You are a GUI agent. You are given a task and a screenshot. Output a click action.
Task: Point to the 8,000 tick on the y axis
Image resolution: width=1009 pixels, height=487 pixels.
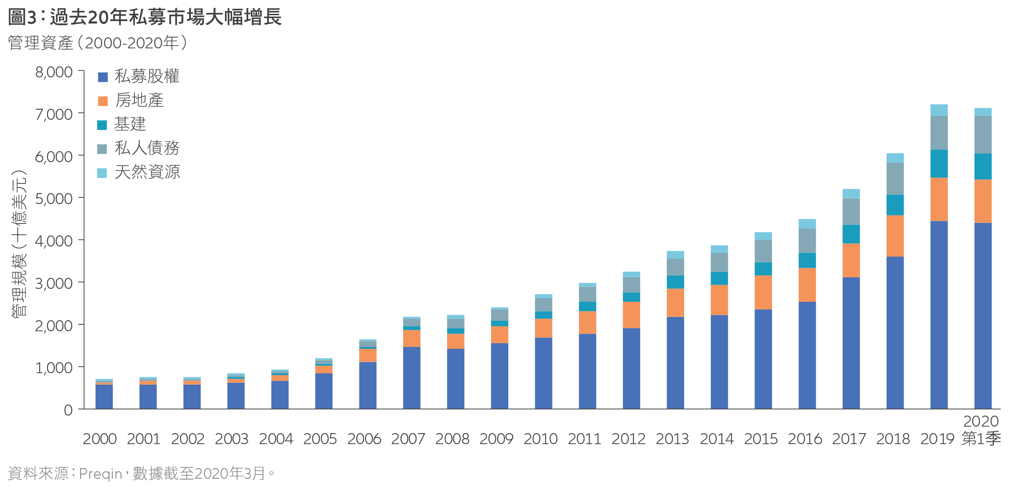pyautogui.click(x=54, y=72)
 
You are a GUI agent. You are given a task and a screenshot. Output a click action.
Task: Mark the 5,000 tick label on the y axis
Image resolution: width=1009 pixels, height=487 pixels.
pyautogui.click(x=54, y=199)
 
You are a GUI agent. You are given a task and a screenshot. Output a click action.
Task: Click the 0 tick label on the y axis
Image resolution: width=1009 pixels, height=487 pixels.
pyautogui.click(x=68, y=410)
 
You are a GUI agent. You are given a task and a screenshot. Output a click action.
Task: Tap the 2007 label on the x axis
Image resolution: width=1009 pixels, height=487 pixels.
pyautogui.click(x=408, y=439)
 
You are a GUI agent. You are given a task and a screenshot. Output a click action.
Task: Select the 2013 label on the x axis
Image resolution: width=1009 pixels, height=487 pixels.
pyautogui.click(x=673, y=439)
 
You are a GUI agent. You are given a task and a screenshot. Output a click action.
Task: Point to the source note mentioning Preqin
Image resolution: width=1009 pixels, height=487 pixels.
pyautogui.click(x=141, y=474)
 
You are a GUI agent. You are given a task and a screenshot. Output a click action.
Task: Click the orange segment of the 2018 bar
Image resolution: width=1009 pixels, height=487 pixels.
pyautogui.click(x=895, y=236)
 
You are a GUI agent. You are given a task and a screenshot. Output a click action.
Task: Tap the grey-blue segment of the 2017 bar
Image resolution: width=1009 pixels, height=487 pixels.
pyautogui.click(x=851, y=211)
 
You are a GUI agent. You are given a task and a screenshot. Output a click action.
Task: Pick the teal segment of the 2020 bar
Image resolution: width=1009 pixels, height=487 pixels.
pyautogui.click(x=983, y=166)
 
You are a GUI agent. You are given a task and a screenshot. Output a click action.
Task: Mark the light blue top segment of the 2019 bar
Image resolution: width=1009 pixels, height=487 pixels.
pyautogui.click(x=939, y=110)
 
